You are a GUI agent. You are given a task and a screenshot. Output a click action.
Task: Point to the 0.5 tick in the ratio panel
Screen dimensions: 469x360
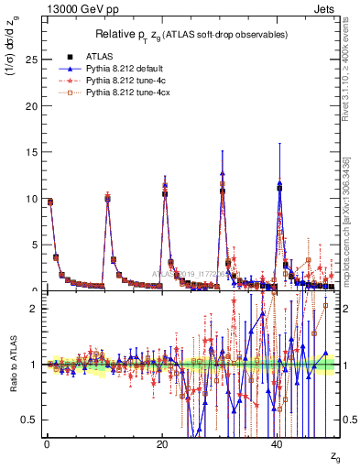point(27,420)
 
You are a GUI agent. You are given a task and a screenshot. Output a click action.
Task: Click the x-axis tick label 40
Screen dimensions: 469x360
point(278,443)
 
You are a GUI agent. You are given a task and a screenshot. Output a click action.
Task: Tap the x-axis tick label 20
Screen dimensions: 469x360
point(162,443)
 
